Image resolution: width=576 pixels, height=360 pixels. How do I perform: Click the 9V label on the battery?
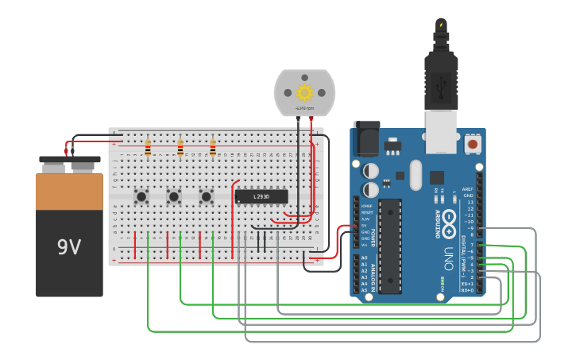point(69,247)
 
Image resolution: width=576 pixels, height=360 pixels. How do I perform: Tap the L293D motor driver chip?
point(261,196)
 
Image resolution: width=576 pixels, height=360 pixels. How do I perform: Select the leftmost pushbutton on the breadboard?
point(141,195)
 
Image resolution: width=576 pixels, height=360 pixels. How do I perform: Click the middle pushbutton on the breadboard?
point(174,195)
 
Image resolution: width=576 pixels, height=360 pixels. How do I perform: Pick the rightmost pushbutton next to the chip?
point(207,195)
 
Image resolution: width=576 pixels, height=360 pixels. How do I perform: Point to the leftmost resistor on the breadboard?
point(148,149)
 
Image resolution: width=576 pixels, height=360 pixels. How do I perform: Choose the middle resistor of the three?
point(180,149)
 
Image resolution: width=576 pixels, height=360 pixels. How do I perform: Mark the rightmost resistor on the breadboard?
point(213,149)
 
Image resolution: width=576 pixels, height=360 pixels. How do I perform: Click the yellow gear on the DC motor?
point(304,91)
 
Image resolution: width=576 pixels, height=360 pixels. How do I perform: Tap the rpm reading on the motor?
point(304,108)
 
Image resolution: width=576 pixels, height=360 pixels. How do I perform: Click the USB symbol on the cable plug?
point(442,83)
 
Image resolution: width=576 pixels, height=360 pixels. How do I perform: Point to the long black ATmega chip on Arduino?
point(390,246)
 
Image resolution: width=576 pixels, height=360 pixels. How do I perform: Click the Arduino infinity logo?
point(450,223)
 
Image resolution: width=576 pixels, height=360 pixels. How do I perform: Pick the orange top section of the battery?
point(69,192)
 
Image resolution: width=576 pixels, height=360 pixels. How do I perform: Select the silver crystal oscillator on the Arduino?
point(416,175)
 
